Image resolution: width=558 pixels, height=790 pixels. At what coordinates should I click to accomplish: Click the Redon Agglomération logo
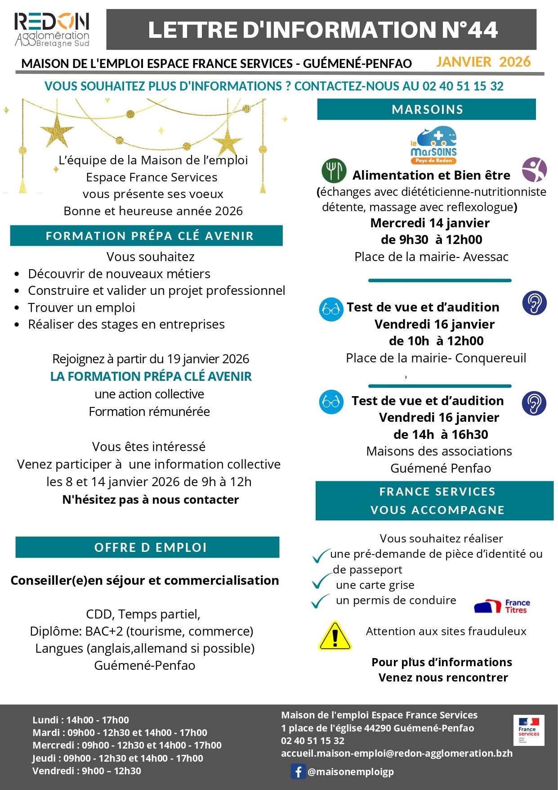coord(52,29)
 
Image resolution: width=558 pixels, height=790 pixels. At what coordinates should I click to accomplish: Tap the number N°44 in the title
coord(469,30)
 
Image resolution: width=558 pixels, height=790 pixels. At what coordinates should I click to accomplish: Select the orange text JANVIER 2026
coord(483,62)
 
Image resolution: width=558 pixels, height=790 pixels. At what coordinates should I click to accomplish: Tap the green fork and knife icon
coord(334,171)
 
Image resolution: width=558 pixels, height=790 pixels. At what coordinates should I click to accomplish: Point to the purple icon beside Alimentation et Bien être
coord(534,170)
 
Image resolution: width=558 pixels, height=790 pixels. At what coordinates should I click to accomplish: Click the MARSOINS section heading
coord(427,109)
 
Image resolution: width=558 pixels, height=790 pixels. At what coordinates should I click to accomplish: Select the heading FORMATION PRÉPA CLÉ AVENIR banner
coord(147,235)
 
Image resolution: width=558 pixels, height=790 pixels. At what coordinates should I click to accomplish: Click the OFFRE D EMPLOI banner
coord(147,547)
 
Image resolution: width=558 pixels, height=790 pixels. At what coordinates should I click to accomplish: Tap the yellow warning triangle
coord(335,636)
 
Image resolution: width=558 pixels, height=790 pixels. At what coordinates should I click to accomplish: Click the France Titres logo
coord(502,606)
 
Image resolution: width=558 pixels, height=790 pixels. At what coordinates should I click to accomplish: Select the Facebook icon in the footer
coord(298,771)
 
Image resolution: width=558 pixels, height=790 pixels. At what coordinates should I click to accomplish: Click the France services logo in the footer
coord(528,730)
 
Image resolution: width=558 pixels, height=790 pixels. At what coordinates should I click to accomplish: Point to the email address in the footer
coord(397,753)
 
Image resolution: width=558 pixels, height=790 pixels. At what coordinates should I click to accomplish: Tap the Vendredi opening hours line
coord(87,771)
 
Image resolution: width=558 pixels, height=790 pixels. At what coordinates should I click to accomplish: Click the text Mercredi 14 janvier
coord(430,223)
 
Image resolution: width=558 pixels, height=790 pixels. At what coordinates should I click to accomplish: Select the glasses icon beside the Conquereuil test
coord(331,309)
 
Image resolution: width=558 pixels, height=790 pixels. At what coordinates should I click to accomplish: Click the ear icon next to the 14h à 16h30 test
coord(534,403)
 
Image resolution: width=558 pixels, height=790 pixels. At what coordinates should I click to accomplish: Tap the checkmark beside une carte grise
coord(321,582)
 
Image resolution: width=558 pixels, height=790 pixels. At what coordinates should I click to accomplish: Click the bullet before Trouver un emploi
coord(17,308)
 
